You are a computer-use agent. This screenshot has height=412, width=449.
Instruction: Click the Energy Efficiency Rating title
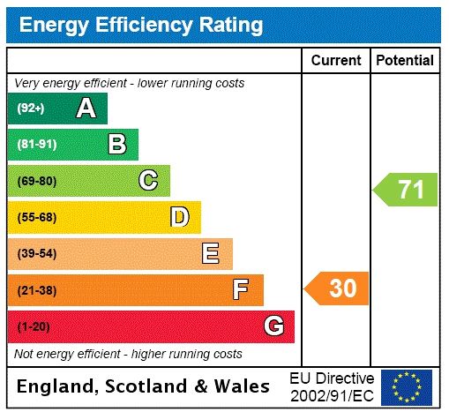tap(141, 25)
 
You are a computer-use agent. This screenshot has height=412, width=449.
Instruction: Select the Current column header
tap(336, 61)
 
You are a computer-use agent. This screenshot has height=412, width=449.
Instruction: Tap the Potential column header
tap(405, 61)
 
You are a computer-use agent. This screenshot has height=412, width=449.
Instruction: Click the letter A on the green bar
tap(86, 109)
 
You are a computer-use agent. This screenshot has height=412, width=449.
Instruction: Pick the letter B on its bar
tap(116, 145)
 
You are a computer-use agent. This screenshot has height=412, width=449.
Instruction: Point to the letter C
tap(148, 181)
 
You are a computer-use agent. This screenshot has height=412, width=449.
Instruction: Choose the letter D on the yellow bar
tap(180, 217)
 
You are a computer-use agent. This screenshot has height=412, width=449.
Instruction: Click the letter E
tap(211, 254)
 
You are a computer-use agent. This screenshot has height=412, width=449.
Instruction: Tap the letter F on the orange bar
tap(241, 289)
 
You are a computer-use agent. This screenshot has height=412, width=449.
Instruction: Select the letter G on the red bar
tap(273, 326)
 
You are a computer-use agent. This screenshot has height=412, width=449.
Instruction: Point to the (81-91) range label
tap(36, 145)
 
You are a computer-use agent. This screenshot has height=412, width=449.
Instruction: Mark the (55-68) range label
tap(36, 217)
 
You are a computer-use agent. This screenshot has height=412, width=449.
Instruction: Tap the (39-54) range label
tap(36, 254)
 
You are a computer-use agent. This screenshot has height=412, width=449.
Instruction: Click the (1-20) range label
tap(34, 326)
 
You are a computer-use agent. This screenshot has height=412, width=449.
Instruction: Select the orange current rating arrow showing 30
tap(338, 288)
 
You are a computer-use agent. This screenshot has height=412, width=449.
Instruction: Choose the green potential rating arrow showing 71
tap(406, 190)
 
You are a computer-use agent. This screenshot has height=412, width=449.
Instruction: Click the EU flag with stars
tap(407, 386)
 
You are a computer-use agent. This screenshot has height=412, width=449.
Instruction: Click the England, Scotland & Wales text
tap(144, 386)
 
